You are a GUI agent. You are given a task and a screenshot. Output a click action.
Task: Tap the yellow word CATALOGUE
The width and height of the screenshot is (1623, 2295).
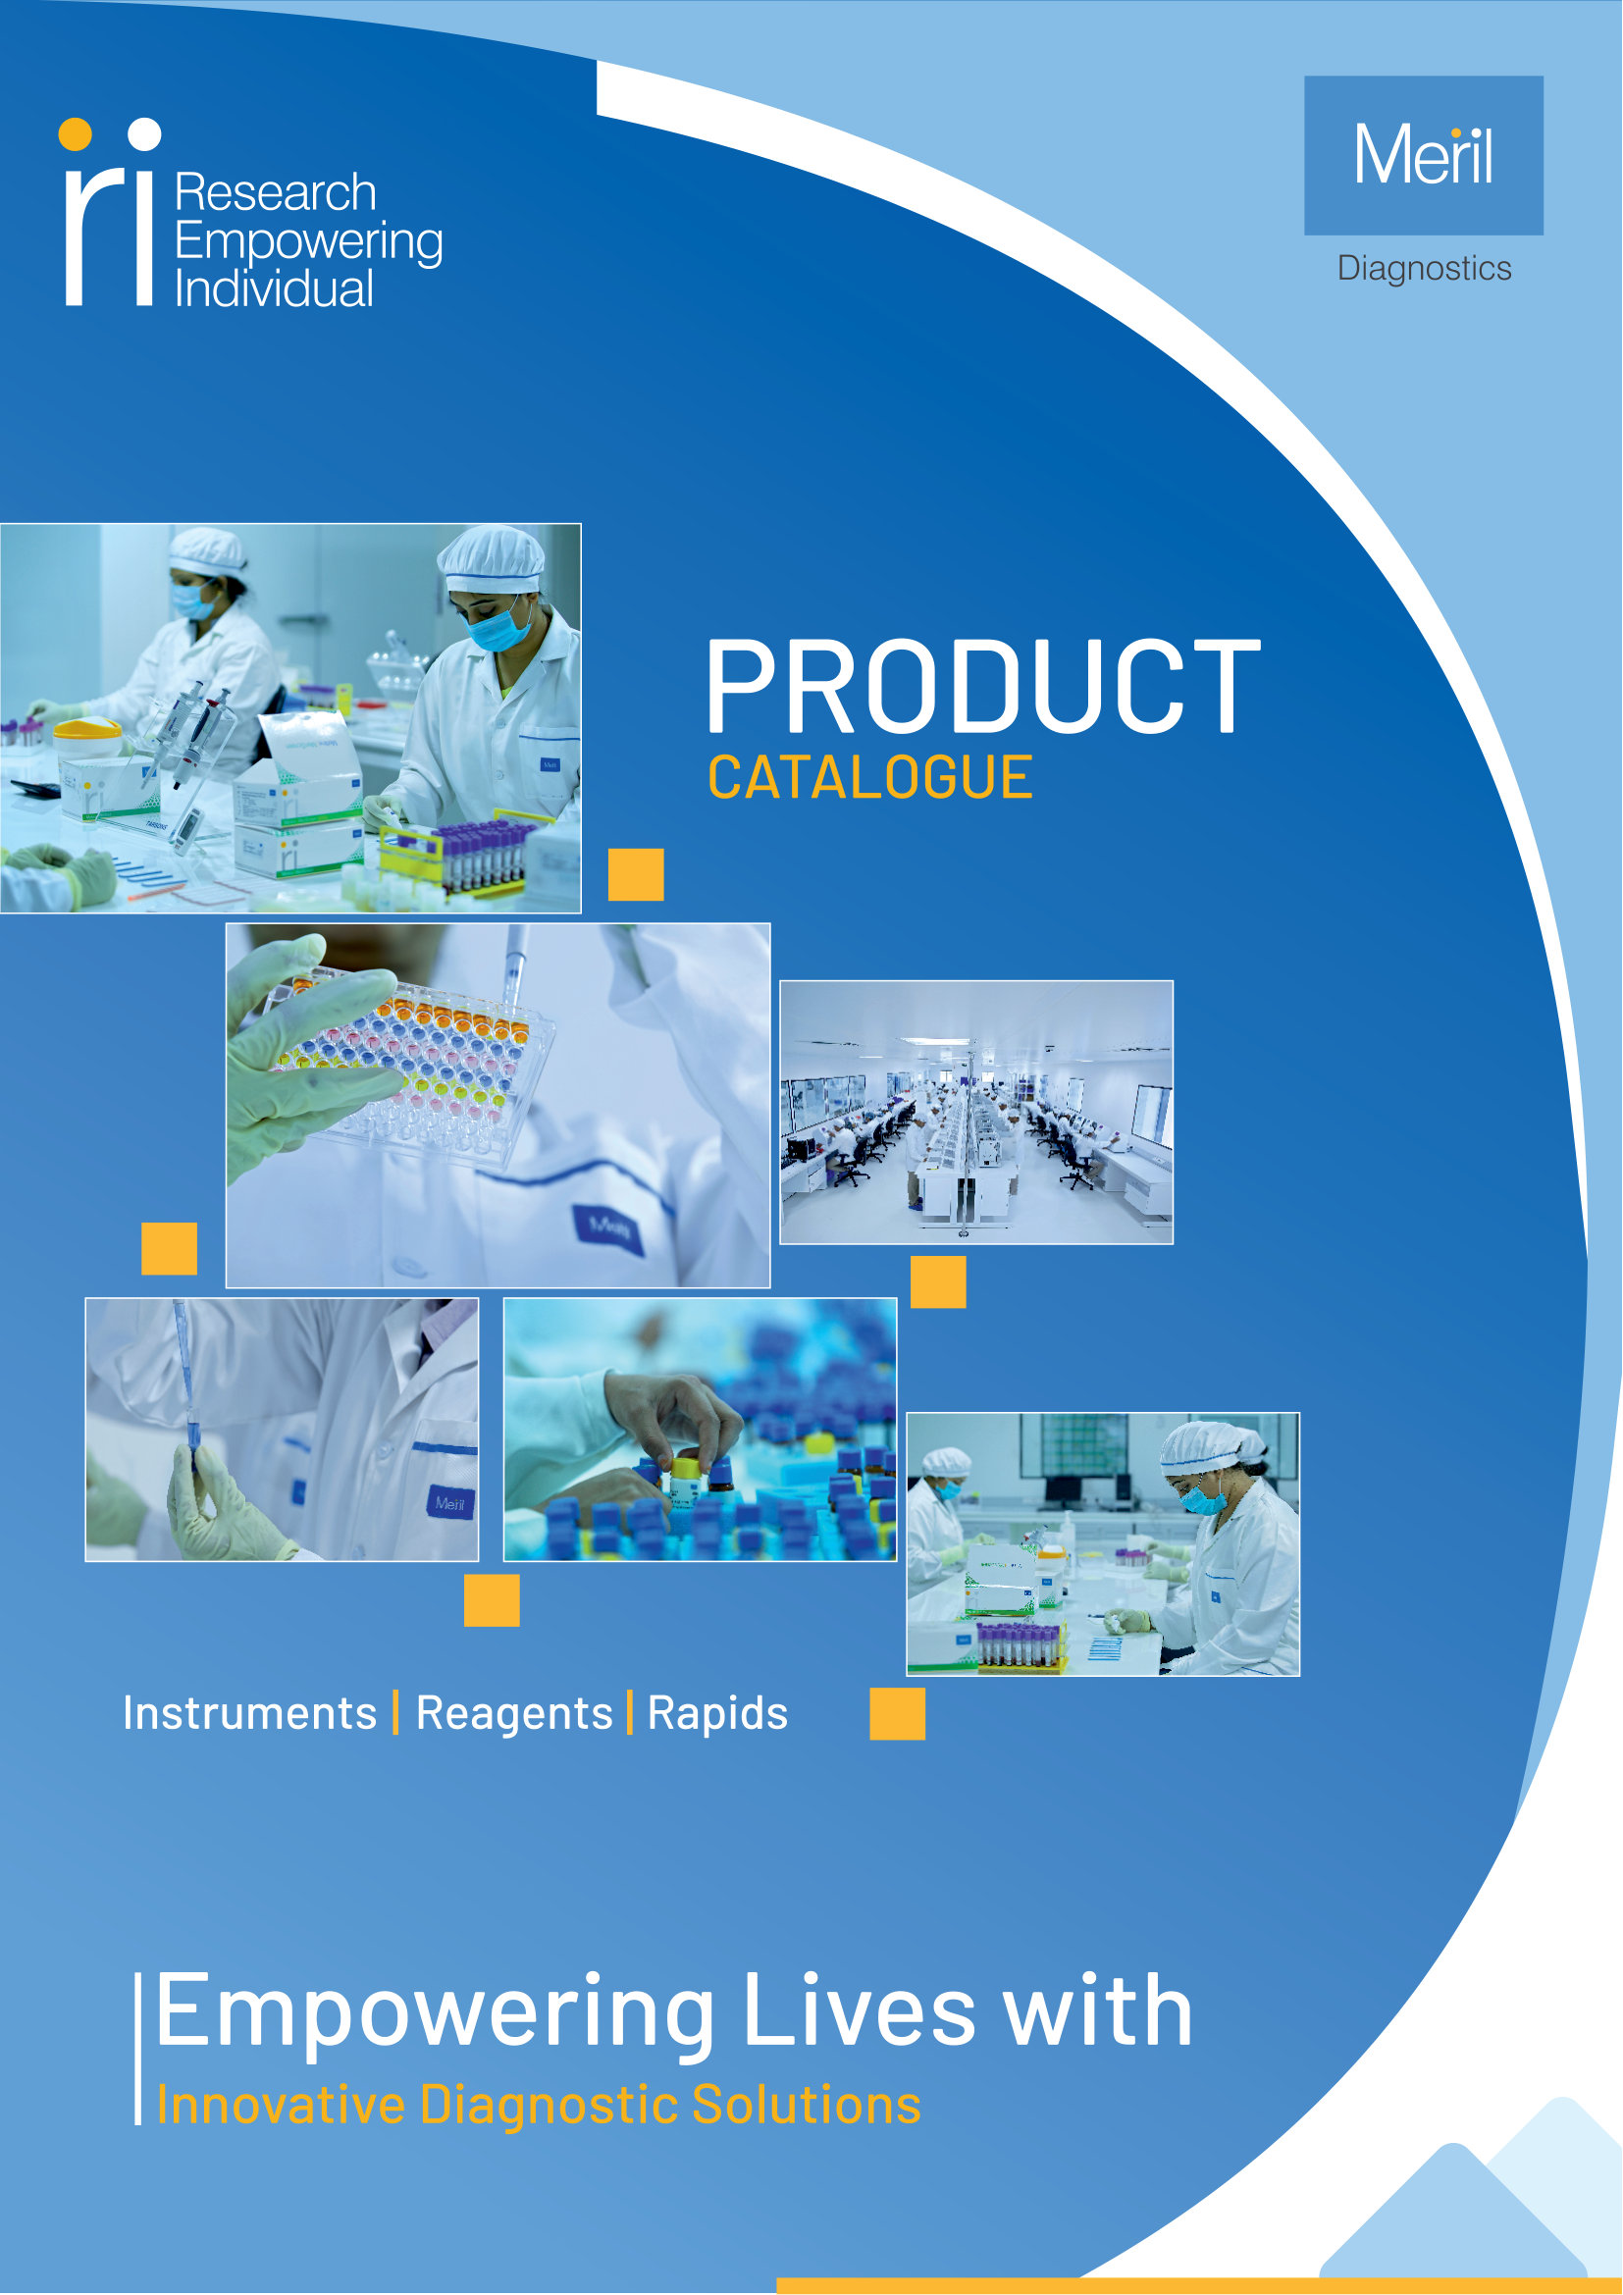[869, 778]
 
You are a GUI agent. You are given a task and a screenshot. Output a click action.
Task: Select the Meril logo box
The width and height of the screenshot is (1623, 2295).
[1423, 155]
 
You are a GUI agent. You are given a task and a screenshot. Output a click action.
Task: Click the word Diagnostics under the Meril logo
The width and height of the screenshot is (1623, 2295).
[1423, 269]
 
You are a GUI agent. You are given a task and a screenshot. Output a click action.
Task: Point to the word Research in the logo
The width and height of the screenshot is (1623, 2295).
[275, 192]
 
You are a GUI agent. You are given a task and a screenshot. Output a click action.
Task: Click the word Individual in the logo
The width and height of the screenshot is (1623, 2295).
[274, 288]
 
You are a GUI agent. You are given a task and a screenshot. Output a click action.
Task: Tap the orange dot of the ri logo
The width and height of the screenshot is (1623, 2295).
[75, 134]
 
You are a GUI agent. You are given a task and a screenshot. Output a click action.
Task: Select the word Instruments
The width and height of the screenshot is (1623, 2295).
[250, 1713]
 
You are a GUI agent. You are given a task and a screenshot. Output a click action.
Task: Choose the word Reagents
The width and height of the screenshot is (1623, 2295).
[513, 1713]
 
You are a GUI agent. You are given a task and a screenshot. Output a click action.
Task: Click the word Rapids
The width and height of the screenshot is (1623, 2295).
[717, 1713]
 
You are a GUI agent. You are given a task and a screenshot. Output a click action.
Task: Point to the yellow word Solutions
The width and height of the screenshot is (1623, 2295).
[806, 2105]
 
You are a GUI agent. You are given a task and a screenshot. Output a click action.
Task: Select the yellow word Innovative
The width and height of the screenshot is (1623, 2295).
[281, 2105]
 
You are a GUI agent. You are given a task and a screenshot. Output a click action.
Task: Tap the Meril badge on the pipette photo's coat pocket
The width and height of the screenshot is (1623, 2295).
[448, 1503]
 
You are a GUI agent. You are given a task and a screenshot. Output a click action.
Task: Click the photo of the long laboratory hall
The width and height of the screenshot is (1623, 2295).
[976, 1113]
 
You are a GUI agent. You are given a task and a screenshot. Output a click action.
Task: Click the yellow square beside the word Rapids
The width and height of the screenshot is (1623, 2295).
[897, 1714]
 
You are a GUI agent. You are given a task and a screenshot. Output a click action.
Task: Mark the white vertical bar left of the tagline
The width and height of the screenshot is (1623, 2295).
[138, 2049]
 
